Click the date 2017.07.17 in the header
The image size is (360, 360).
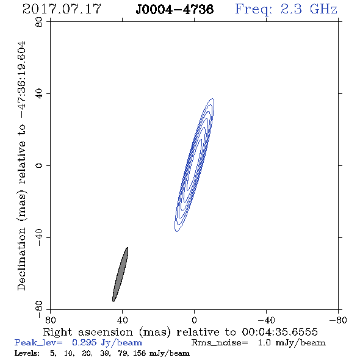[x=62, y=9]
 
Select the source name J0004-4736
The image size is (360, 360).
[x=175, y=10]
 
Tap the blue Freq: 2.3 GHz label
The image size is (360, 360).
[x=286, y=10]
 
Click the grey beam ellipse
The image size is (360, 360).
[x=120, y=275]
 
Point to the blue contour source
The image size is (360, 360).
[x=195, y=165]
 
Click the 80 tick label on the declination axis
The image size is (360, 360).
[x=39, y=22]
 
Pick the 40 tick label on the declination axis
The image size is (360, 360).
[x=39, y=94]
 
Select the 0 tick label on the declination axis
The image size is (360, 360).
[x=39, y=165]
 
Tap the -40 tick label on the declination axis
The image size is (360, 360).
[x=39, y=237]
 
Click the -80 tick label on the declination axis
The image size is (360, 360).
[x=39, y=309]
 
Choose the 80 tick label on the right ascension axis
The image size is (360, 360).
[x=50, y=320]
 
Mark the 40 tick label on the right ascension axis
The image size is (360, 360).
[x=123, y=320]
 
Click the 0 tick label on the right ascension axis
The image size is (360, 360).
[x=194, y=320]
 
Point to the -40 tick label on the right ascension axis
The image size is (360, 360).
[x=266, y=320]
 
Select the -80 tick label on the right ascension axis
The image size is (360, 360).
[x=338, y=320]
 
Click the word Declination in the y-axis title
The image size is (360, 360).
[x=21, y=259]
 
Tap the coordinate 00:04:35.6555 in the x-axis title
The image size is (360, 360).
[x=280, y=332]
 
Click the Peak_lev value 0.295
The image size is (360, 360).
[x=84, y=342]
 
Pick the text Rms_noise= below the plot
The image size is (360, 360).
[x=220, y=343]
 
